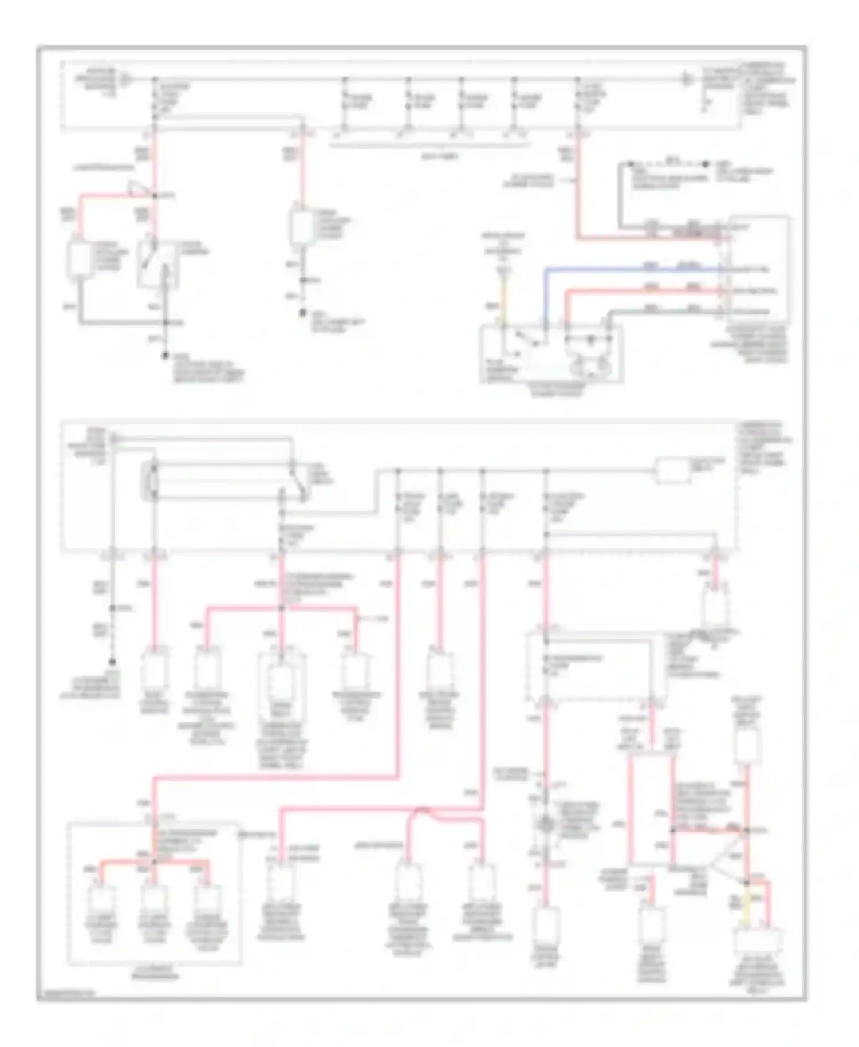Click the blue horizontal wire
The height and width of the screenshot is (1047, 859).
630,268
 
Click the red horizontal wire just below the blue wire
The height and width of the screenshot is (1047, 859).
641,291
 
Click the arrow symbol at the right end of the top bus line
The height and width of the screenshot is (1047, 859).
686,79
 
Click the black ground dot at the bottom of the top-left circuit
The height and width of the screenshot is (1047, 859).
166,356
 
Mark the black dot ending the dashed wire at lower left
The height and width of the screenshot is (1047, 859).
112,661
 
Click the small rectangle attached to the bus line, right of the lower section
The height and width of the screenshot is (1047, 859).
673,471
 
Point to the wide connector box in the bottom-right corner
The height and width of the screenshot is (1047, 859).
759,944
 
